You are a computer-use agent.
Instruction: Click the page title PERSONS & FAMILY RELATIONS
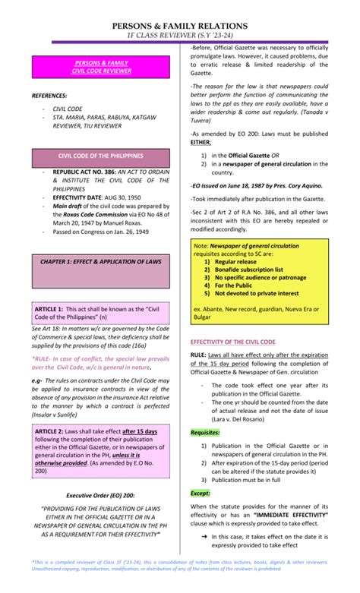(180, 26)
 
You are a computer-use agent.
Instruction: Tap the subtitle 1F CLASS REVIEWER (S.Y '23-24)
(180, 36)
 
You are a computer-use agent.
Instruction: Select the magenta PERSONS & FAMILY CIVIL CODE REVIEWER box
(100, 66)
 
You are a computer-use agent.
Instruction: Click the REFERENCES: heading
(49, 96)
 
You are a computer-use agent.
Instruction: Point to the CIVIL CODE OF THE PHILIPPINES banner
(100, 156)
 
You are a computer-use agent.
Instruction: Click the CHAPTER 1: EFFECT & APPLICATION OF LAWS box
(100, 261)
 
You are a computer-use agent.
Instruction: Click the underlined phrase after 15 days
(140, 431)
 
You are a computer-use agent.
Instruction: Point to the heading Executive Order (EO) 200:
(99, 494)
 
